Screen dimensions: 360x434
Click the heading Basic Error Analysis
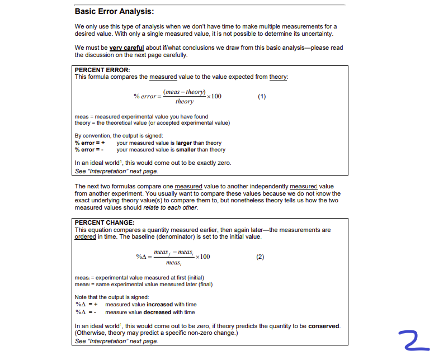(114, 11)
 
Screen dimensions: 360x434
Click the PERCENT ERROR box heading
(102, 70)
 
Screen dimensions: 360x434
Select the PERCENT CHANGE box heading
(105, 222)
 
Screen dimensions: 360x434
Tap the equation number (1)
(262, 96)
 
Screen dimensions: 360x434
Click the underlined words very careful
(126, 48)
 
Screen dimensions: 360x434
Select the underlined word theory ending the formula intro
(278, 77)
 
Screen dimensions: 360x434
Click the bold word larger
(184, 143)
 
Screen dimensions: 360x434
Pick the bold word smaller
(186, 150)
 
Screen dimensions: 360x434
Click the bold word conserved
(324, 326)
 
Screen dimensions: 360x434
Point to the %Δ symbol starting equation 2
(141, 257)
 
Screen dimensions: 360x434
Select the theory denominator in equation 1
(184, 102)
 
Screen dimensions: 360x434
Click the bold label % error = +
(90, 143)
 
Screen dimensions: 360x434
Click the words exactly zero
(215, 163)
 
